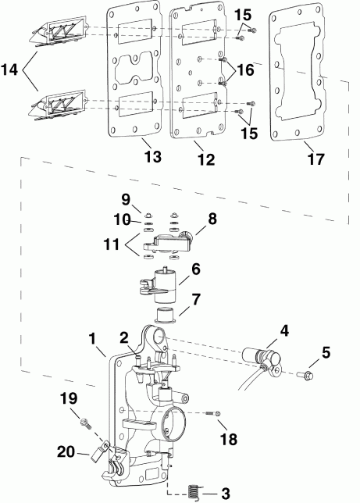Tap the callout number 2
(123, 337)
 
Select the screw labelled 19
(82, 423)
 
